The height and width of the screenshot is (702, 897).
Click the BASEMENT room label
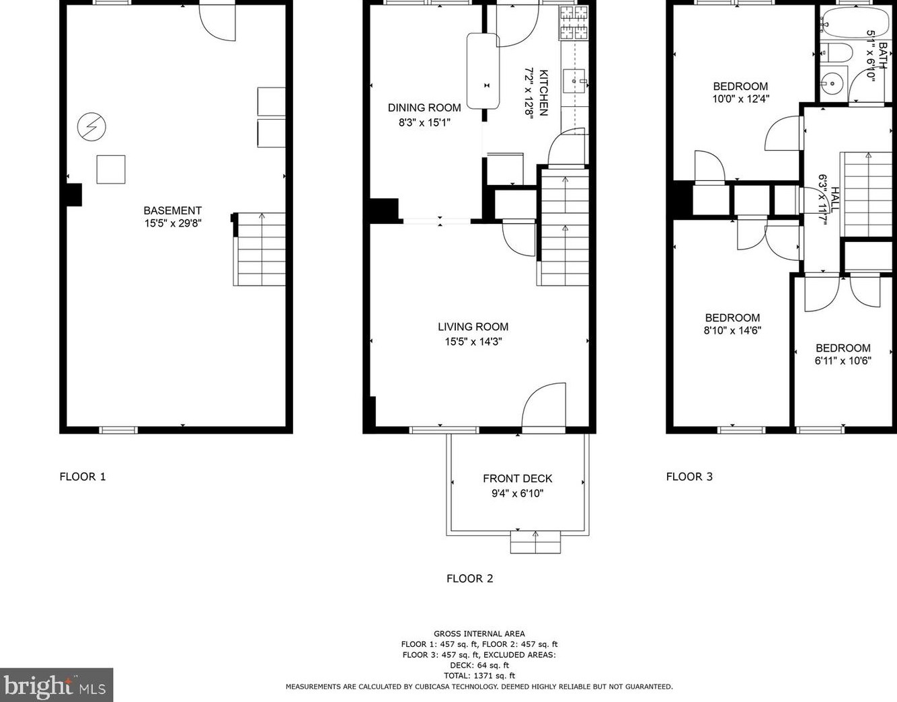tap(172, 210)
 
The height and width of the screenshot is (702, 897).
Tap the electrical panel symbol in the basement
tap(91, 126)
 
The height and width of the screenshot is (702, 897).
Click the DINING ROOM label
tap(424, 108)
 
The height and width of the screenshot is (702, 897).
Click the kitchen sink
tap(574, 81)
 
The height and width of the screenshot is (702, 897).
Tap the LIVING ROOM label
tap(473, 327)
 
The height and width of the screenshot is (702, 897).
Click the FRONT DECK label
tap(517, 479)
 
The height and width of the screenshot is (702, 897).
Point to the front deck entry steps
tap(535, 542)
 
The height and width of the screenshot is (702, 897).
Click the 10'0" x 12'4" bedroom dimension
tap(740, 99)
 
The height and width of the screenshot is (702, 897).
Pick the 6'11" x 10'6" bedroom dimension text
tap(843, 360)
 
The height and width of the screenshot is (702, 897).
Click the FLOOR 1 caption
tap(83, 477)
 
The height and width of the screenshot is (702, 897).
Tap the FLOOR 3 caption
tap(689, 477)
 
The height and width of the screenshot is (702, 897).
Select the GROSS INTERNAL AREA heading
tap(479, 633)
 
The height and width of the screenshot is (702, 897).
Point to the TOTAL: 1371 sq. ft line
tap(479, 676)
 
